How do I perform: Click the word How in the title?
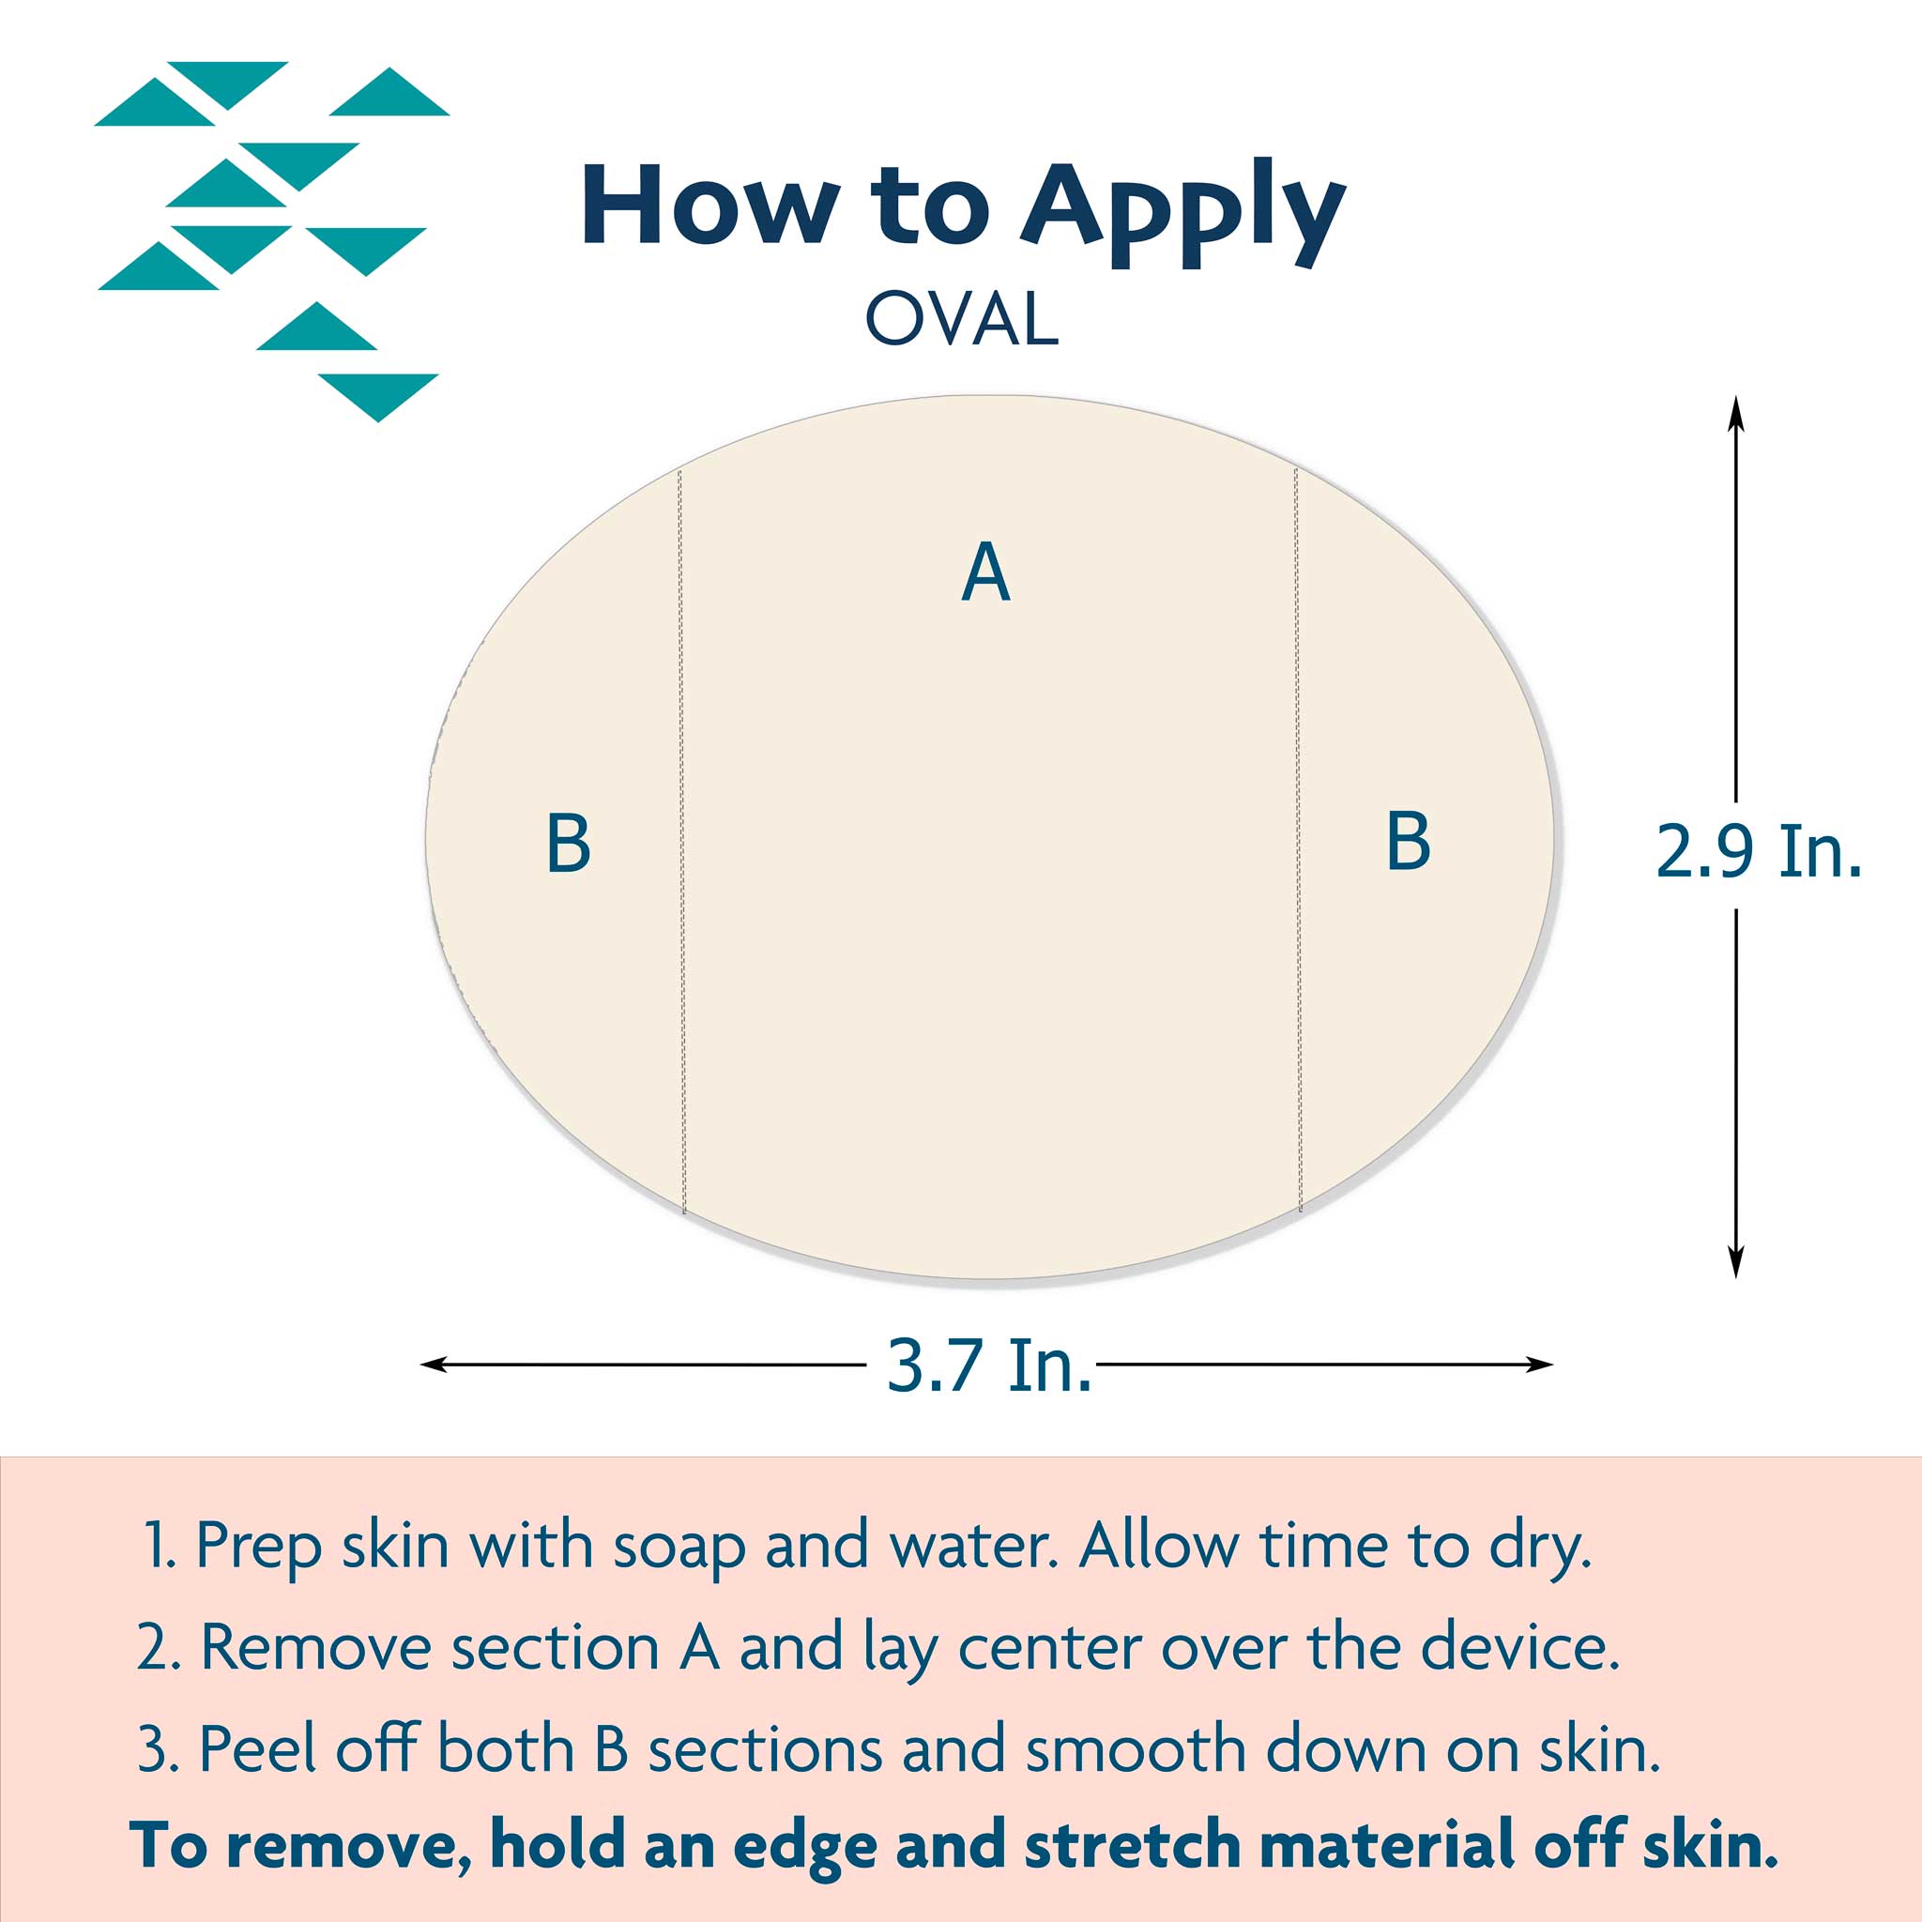pyautogui.click(x=709, y=204)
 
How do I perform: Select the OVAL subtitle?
pyautogui.click(x=961, y=318)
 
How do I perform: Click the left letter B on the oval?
pyautogui.click(x=569, y=844)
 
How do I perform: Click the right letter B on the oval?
pyautogui.click(x=1408, y=842)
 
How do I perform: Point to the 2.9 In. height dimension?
pyautogui.click(x=1759, y=851)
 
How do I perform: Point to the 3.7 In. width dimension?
pyautogui.click(x=989, y=1365)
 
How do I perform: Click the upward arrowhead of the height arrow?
pyautogui.click(x=1736, y=412)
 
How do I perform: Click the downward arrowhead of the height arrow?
pyautogui.click(x=1736, y=1260)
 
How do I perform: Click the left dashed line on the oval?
pyautogui.click(x=681, y=842)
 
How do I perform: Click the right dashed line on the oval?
pyautogui.click(x=1298, y=840)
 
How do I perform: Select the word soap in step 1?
pyautogui.click(x=679, y=1548)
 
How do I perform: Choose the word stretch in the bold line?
pyautogui.click(x=1133, y=1845)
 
